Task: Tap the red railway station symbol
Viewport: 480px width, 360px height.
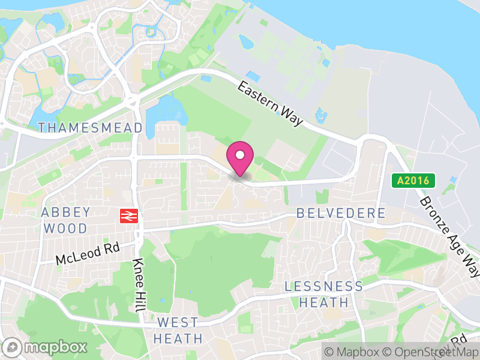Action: tap(128, 216)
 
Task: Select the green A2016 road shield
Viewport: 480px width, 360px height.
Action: tap(413, 180)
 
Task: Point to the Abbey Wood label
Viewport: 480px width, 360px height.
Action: tap(66, 220)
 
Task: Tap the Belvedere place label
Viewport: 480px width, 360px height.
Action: tap(341, 214)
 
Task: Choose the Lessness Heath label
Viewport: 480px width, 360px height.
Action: tap(324, 294)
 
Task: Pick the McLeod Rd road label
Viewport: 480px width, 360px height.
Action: tap(88, 253)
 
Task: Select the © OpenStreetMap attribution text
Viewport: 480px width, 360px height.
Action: tap(431, 352)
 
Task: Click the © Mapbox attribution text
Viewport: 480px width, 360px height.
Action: tap(352, 352)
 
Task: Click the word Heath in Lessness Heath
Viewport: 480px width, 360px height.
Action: tap(324, 302)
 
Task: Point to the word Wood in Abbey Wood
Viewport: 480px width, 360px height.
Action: tap(66, 228)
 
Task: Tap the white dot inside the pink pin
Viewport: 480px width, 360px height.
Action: tap(240, 154)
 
